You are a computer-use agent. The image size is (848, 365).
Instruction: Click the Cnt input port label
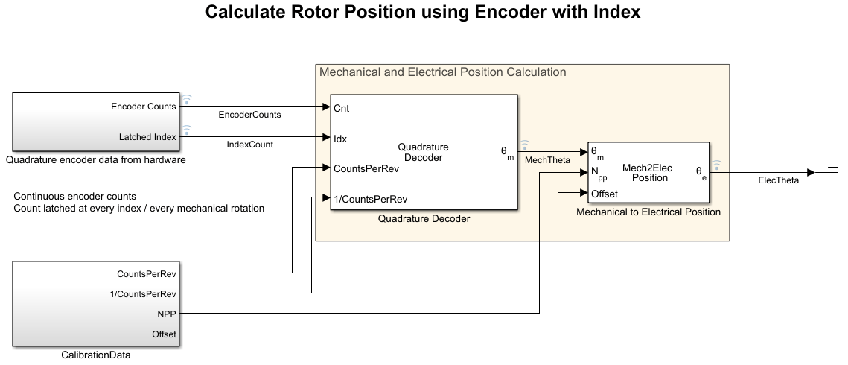click(342, 108)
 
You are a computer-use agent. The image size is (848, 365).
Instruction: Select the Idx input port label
click(340, 138)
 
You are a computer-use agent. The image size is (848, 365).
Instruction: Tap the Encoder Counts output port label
click(144, 106)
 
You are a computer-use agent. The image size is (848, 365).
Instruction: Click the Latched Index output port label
click(147, 136)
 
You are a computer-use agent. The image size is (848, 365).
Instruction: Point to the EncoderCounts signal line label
click(249, 115)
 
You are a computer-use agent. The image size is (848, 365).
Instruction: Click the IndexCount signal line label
click(249, 145)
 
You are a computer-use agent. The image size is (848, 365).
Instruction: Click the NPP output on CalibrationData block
click(168, 314)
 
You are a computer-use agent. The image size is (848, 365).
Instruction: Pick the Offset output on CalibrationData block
click(164, 334)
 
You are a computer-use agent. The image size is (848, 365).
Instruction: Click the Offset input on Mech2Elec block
click(604, 194)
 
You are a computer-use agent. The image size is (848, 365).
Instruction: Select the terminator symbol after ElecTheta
click(832, 172)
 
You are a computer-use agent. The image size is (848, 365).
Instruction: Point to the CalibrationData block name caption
click(95, 355)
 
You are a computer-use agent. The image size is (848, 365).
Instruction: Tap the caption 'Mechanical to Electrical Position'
click(648, 212)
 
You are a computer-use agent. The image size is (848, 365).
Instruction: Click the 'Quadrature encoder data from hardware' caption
click(95, 159)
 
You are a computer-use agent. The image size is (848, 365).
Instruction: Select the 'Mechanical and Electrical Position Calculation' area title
click(442, 72)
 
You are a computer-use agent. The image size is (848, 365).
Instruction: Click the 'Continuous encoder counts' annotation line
click(74, 197)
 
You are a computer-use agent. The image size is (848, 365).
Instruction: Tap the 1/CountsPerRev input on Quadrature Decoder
click(370, 198)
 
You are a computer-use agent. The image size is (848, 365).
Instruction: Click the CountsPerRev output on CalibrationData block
click(147, 273)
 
